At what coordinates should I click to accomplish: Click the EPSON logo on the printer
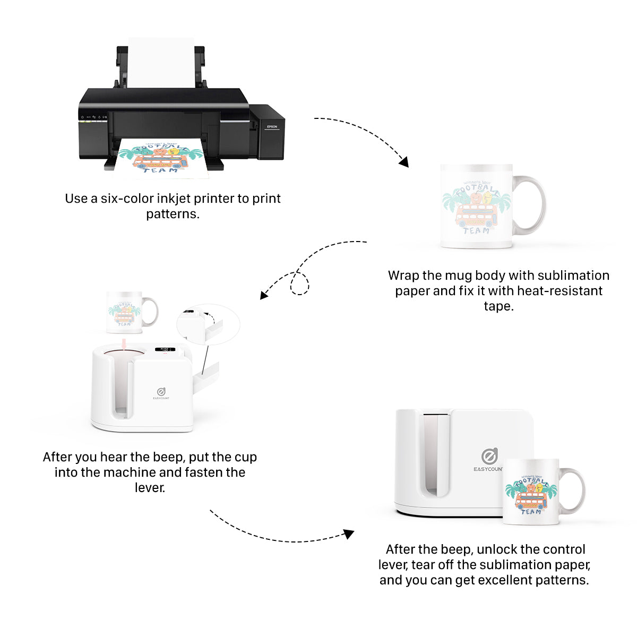[272, 127]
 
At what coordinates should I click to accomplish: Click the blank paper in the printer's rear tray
[161, 61]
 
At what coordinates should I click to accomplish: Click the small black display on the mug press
[165, 350]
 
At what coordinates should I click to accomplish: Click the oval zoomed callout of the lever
[208, 324]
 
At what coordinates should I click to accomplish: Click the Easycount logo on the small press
[161, 392]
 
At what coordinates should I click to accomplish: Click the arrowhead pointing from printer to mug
[404, 162]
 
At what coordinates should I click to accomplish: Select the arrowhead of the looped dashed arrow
[264, 295]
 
